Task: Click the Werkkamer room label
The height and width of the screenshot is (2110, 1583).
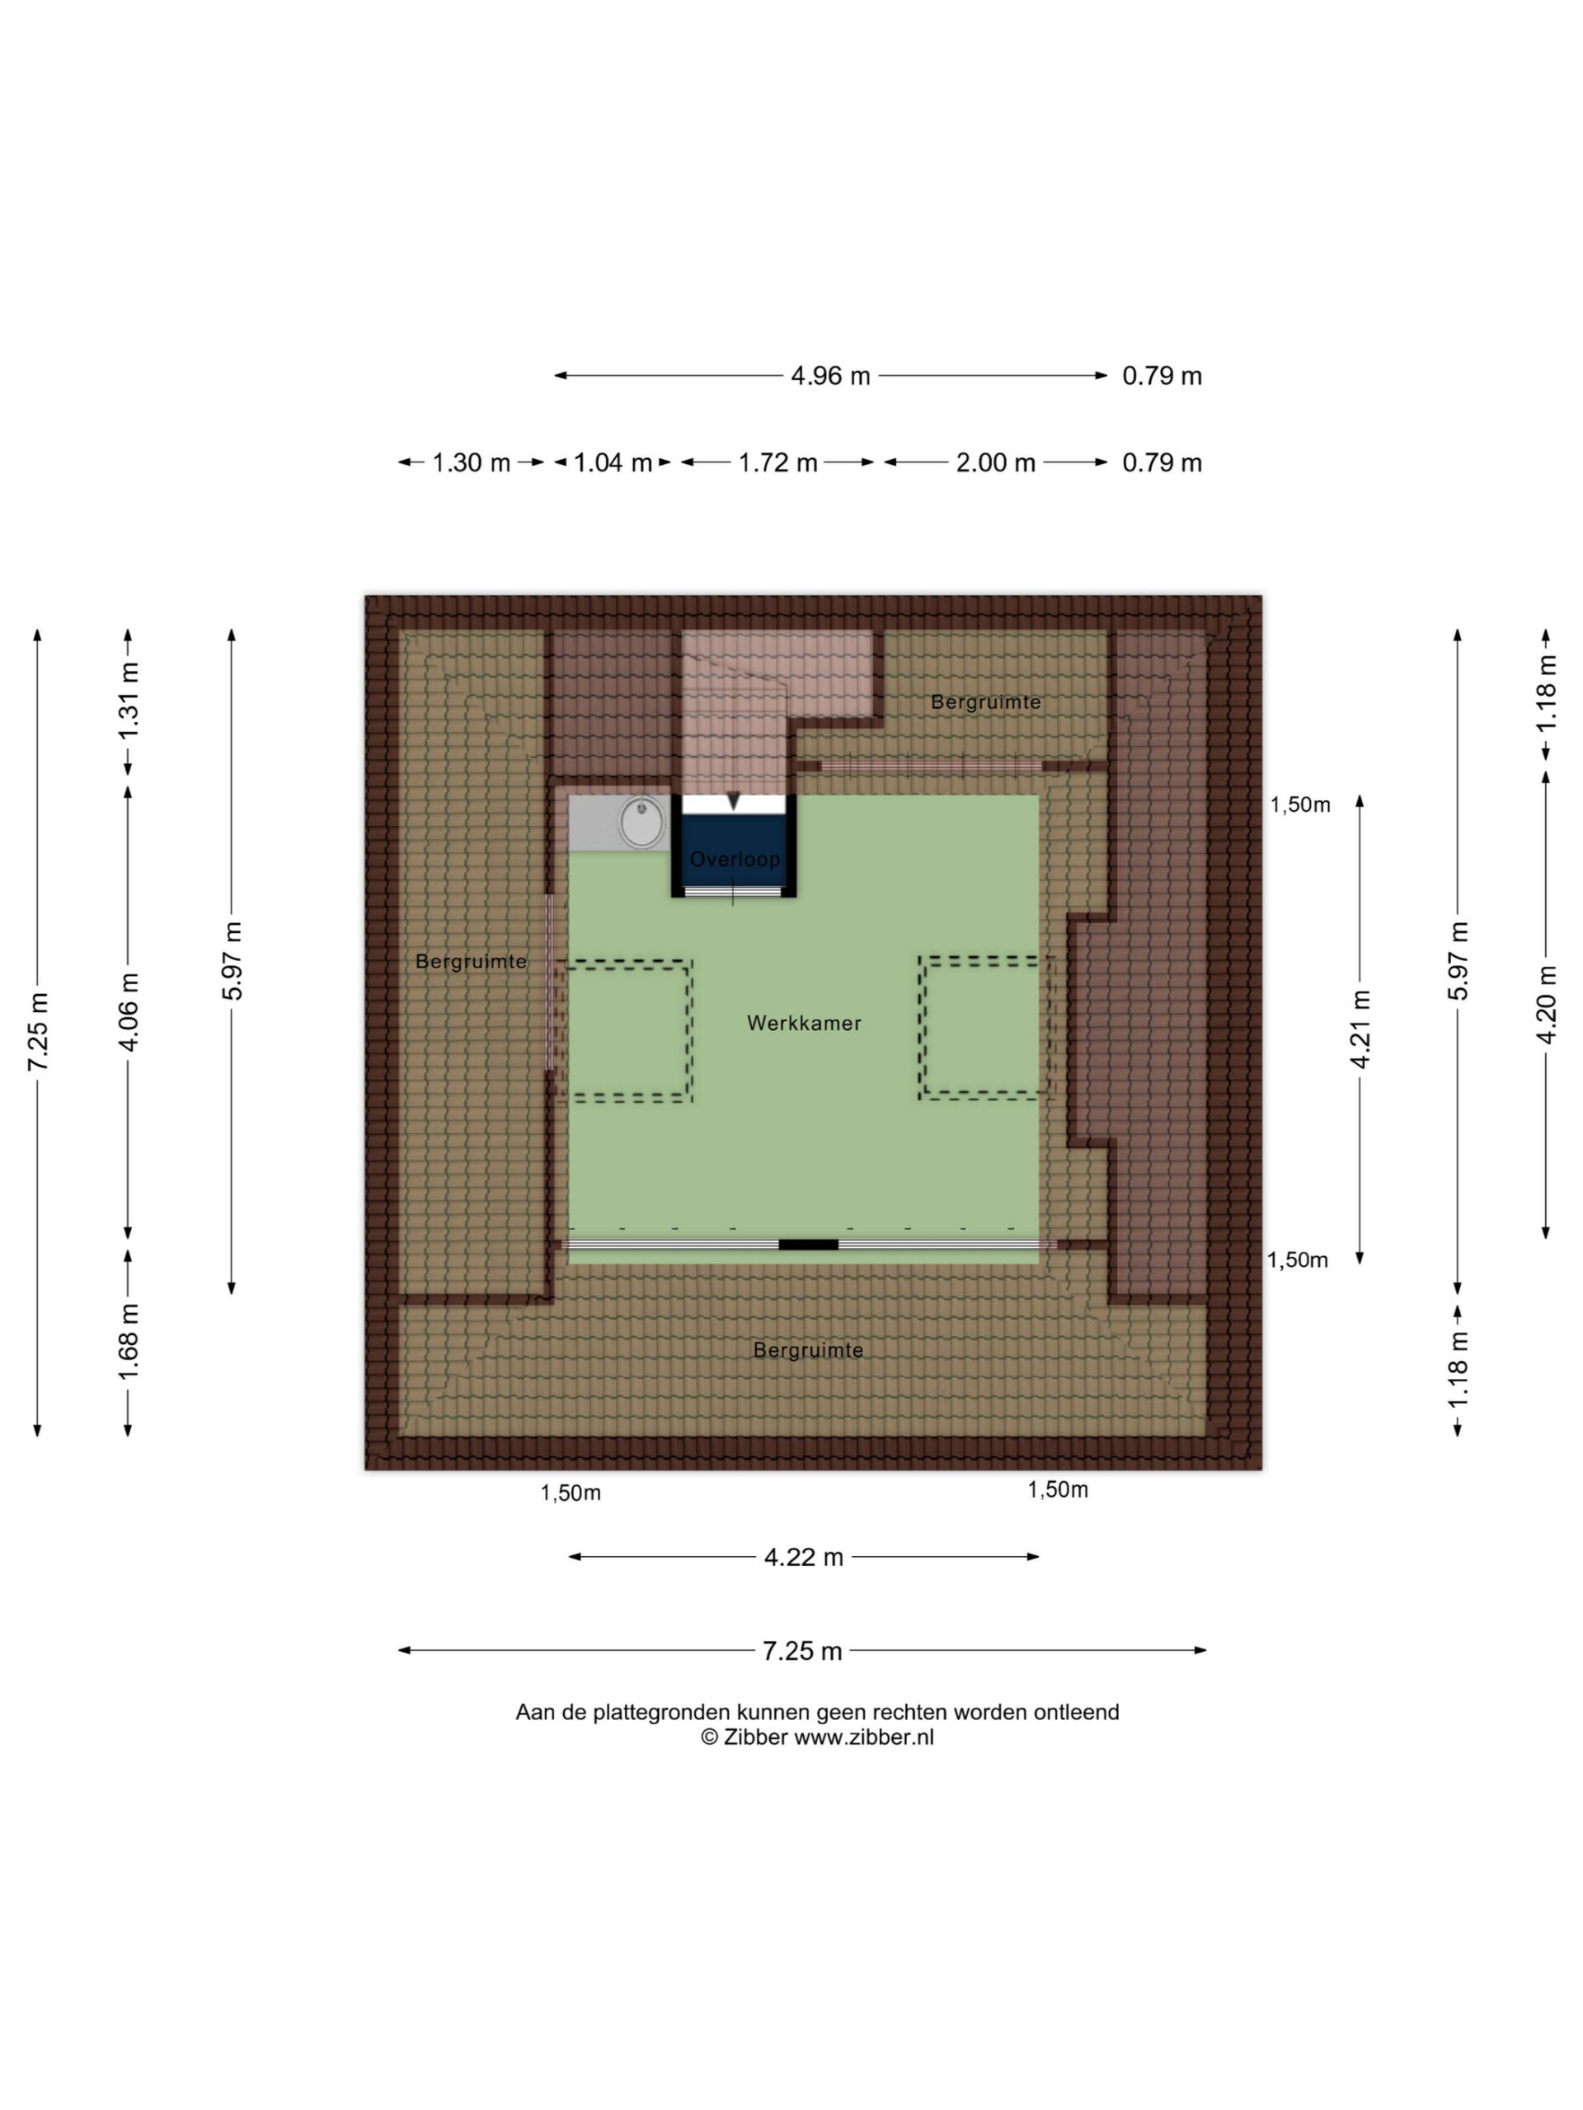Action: coord(803,1024)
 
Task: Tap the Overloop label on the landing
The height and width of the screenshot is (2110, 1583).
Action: coord(735,860)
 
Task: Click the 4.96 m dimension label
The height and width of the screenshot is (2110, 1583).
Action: coord(830,376)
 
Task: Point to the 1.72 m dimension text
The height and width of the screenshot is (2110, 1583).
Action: coord(777,462)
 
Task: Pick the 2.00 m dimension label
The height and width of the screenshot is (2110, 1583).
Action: coord(995,462)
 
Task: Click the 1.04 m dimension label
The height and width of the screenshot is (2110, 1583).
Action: coord(612,462)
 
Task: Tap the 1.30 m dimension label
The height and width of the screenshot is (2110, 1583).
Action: coord(472,462)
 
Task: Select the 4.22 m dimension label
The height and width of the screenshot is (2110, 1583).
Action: coord(803,1558)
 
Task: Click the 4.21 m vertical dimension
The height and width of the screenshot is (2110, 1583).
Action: coord(1360,1029)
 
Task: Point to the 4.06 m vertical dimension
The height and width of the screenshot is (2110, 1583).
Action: coord(128,1011)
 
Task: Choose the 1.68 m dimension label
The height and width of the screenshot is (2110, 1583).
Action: coord(128,1341)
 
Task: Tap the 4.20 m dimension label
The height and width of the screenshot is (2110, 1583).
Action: coord(1546,1005)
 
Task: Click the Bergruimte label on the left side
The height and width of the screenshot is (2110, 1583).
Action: coord(471,962)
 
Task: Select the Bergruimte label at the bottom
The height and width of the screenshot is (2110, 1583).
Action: coord(808,1350)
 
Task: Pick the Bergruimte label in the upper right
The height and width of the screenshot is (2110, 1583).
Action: coord(986,702)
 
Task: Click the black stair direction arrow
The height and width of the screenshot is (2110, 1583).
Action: coord(733,801)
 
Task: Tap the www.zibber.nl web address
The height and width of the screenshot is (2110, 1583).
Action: coord(863,1737)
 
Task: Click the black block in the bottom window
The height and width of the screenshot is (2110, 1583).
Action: coord(808,1245)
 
